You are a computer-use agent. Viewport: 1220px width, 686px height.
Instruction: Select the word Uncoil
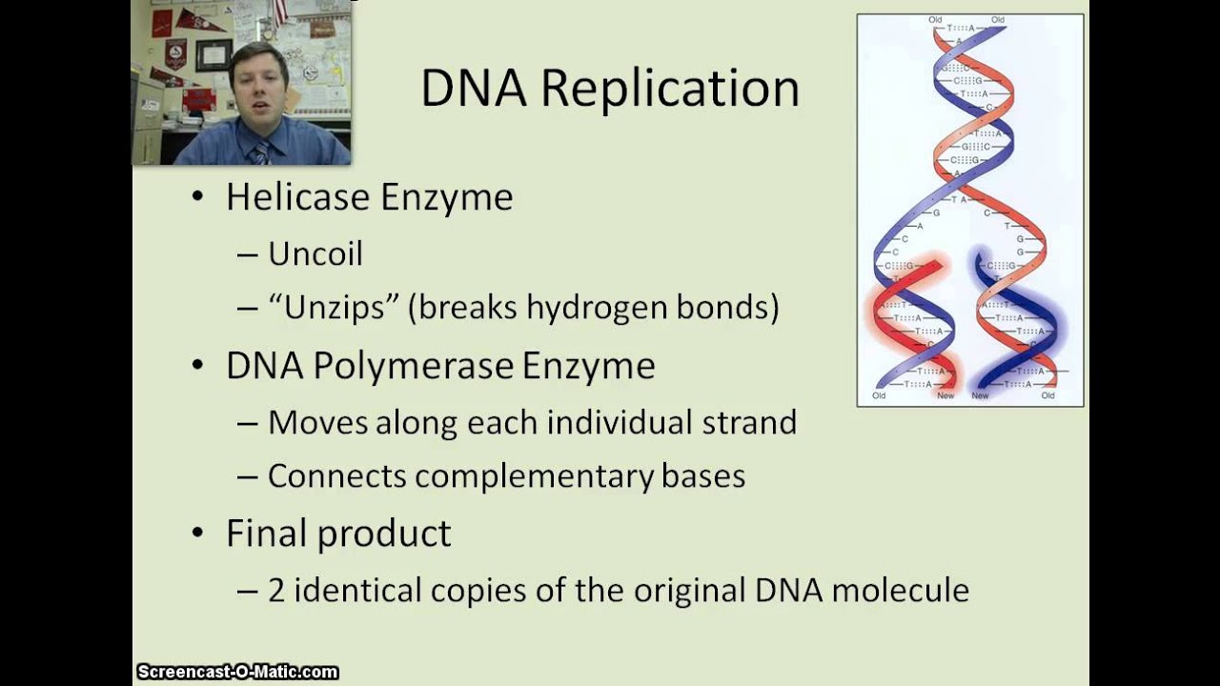pos(315,254)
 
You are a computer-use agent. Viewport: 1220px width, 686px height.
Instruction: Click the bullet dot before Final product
pos(198,534)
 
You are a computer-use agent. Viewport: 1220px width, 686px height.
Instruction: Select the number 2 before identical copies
pos(276,591)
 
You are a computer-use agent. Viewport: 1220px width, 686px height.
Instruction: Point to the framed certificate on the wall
pos(213,54)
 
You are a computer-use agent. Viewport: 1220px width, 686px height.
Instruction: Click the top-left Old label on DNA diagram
pos(935,20)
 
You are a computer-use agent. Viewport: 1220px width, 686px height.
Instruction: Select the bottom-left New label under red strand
pos(945,395)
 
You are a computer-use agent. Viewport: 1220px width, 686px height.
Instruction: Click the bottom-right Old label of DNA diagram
pos(1047,395)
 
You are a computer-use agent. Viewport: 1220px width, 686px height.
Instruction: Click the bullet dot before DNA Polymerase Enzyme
pos(198,367)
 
